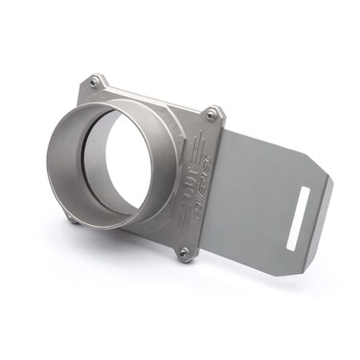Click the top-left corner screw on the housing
[92, 83]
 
